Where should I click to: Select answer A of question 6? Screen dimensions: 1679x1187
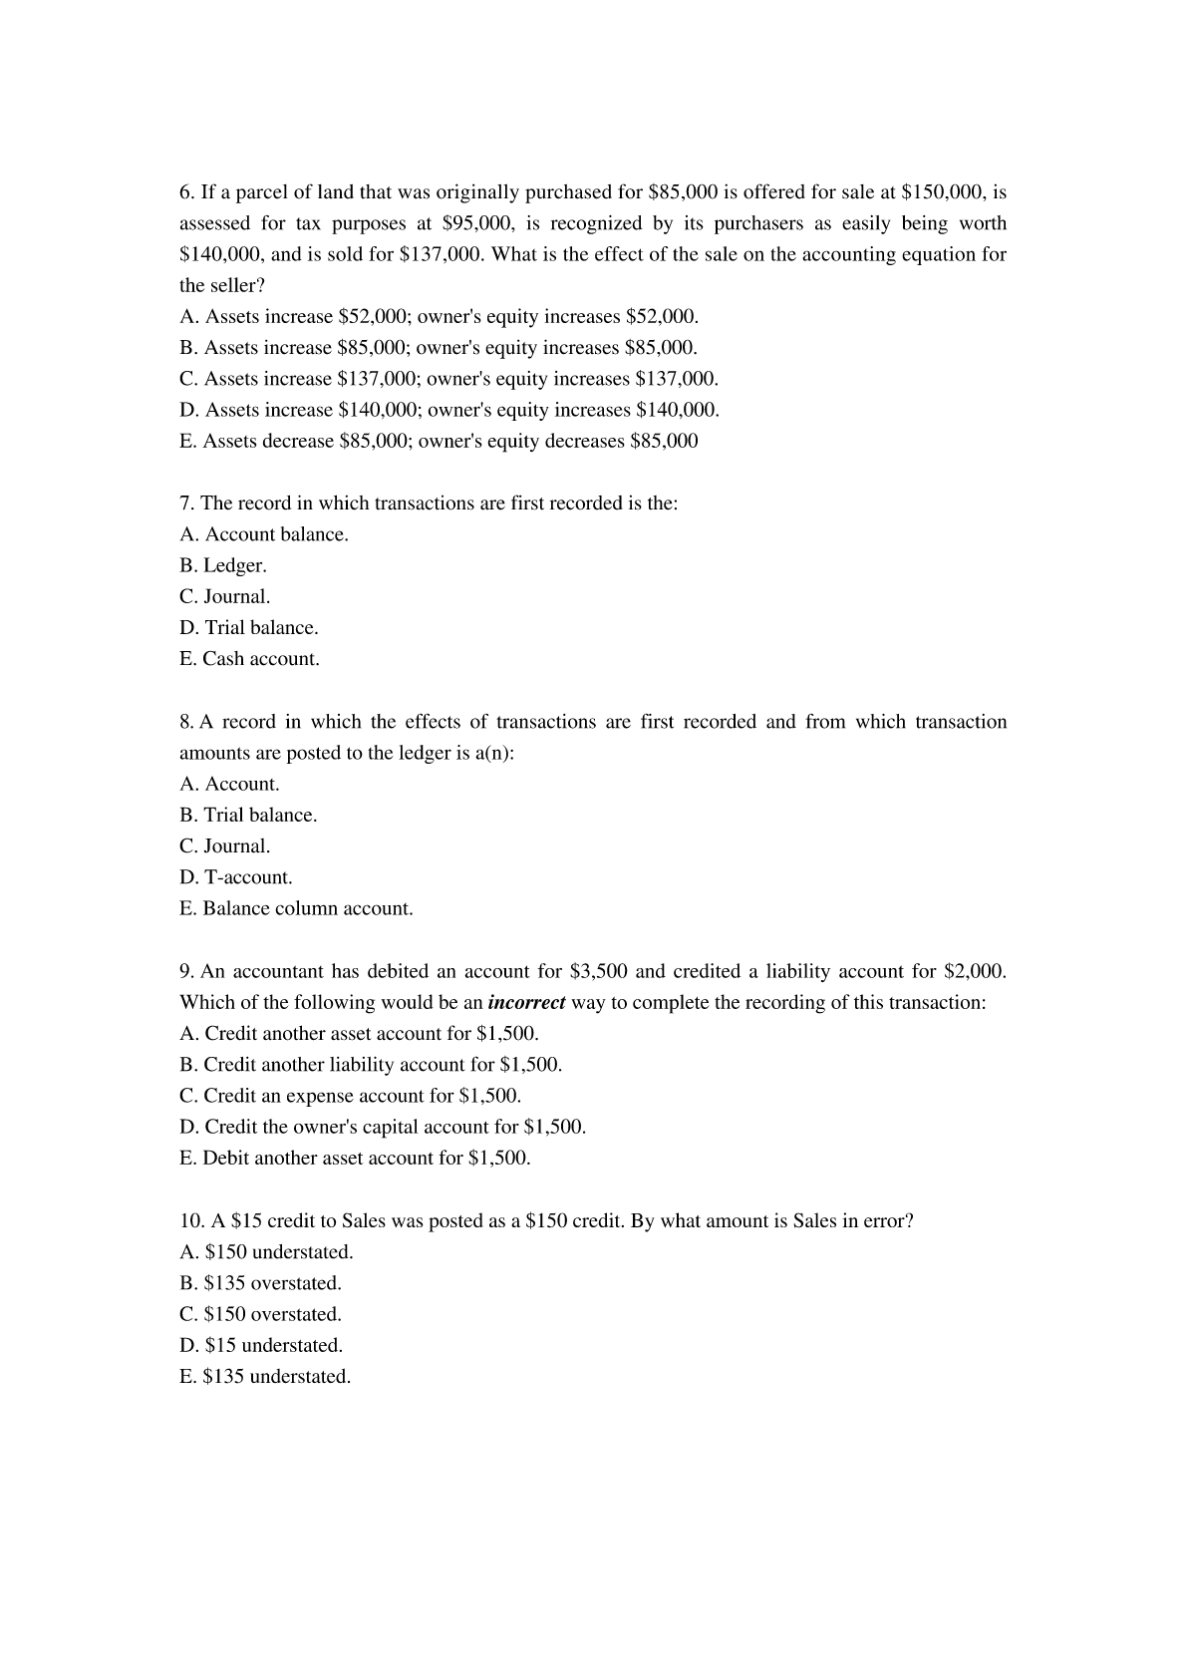439,317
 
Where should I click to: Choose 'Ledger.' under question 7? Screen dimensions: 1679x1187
223,566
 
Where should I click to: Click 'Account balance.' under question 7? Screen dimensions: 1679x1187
264,535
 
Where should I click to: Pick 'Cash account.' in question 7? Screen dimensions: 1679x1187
249,660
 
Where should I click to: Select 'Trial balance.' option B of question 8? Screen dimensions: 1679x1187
248,816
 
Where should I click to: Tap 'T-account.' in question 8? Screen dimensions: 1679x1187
236,878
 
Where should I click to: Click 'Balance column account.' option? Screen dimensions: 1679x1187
296,909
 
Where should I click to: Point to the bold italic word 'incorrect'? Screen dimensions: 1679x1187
527,1003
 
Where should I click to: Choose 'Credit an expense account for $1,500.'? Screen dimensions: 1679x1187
350,1097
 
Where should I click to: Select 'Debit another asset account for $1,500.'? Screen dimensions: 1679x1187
355,1159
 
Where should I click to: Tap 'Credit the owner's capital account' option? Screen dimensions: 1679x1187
383,1128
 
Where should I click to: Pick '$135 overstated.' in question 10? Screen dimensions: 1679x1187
260,1284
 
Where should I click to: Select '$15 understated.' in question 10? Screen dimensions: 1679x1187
261,1346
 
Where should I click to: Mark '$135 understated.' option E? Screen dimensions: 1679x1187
265,1378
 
